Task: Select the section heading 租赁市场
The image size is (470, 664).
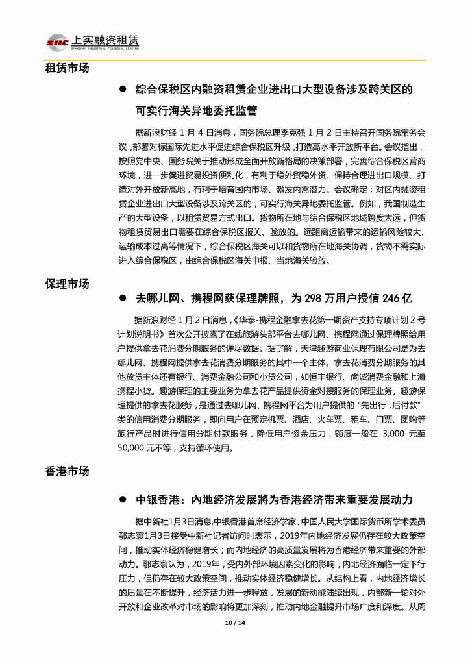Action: (67, 68)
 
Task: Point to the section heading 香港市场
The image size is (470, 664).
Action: (67, 471)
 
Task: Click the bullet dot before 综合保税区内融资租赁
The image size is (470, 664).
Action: (122, 90)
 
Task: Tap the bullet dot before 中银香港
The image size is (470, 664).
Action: (122, 500)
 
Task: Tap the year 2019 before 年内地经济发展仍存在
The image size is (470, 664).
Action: (291, 535)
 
